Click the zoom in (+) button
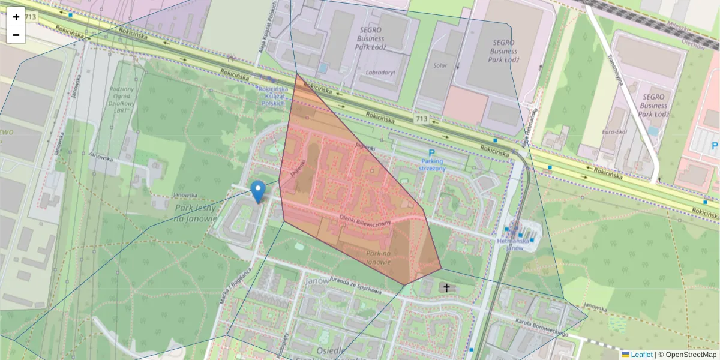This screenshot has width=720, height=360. pyautogui.click(x=16, y=16)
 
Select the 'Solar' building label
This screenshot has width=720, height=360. pyautogui.click(x=439, y=65)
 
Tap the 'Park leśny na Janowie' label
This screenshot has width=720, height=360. pyautogui.click(x=195, y=213)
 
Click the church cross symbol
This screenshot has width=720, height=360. pyautogui.click(x=446, y=287)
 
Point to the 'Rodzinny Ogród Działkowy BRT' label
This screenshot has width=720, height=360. pyautogui.click(x=121, y=100)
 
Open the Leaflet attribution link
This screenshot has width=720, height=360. pyautogui.click(x=641, y=355)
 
